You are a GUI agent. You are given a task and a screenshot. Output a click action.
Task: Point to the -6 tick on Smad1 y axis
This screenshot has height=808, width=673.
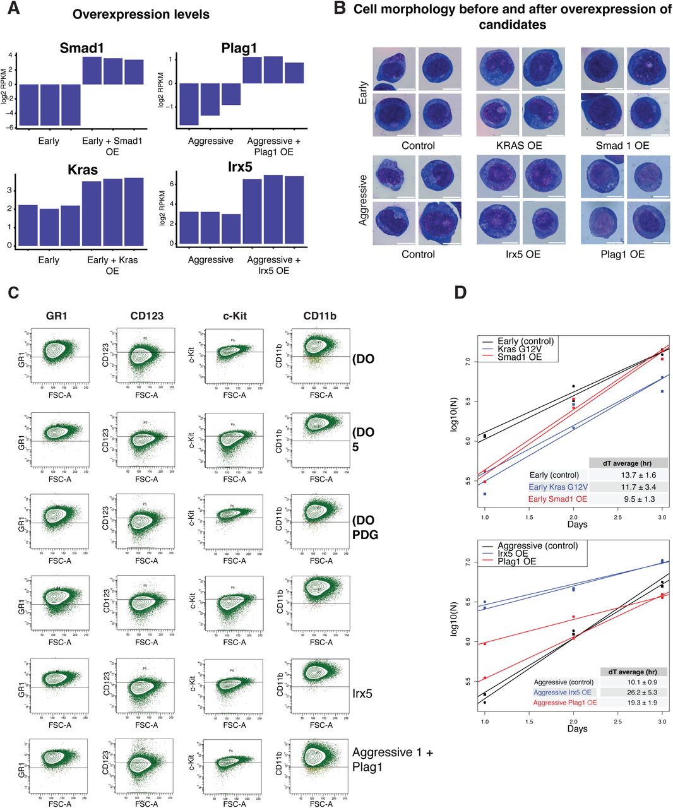coord(11,128)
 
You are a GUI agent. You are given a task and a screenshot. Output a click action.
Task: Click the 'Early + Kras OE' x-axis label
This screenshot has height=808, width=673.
coord(112,265)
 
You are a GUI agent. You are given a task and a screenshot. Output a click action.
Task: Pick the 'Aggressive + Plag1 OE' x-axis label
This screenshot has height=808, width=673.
coord(274,146)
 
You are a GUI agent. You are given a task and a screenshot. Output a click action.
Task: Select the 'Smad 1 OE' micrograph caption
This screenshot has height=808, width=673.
coord(622,146)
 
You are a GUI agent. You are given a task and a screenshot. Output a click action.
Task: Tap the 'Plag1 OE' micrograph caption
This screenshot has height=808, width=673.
coord(622,254)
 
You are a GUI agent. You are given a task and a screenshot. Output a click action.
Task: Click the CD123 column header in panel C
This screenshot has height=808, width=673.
coord(146,316)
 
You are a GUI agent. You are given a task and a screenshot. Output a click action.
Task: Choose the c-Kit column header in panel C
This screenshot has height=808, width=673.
coord(234,316)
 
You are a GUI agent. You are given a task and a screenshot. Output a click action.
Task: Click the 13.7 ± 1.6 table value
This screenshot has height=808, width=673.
coord(627,475)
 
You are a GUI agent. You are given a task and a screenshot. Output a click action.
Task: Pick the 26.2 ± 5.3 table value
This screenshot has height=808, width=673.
coord(627,692)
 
